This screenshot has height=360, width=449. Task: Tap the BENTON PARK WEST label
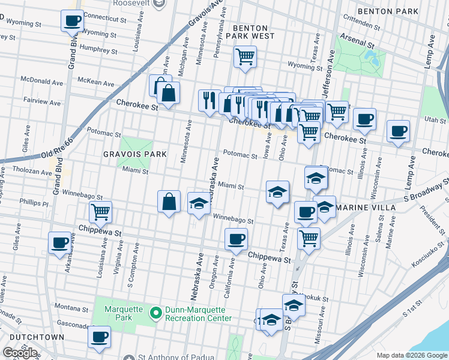(x=253, y=32)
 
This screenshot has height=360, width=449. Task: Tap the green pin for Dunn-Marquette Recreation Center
(x=156, y=313)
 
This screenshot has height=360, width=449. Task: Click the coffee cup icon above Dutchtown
(x=100, y=337)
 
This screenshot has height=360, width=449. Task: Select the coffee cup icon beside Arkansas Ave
(x=59, y=243)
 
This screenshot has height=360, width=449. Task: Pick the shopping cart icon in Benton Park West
(x=245, y=57)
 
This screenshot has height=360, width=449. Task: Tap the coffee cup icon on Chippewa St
(x=236, y=239)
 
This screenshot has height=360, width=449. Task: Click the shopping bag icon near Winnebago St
(x=169, y=201)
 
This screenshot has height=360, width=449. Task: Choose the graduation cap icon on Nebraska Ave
(x=199, y=203)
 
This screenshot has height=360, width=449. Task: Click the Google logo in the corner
(x=20, y=352)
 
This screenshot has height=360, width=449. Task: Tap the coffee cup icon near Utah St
(x=398, y=131)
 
